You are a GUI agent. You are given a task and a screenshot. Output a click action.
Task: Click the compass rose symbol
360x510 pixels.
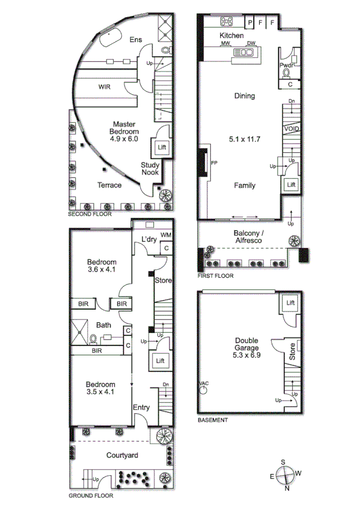pos(286,475)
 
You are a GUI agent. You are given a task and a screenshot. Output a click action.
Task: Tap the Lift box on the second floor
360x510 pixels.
pos(162,147)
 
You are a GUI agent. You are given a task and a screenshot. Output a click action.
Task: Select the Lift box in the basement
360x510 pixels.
pos(291,303)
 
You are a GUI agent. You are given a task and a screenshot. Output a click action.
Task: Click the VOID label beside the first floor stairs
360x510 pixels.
pos(291,129)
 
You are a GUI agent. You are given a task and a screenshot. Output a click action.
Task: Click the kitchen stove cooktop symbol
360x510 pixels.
pos(227,22)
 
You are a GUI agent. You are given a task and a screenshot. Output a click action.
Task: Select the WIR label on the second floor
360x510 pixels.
pos(105,87)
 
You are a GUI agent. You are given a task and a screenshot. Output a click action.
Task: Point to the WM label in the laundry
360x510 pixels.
pos(165,235)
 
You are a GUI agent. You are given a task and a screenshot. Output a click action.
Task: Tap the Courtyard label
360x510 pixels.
pos(122,455)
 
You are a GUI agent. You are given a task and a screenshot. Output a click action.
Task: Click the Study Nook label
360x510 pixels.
pos(150,168)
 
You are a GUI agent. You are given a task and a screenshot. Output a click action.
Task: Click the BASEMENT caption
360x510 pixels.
pos(213,420)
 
